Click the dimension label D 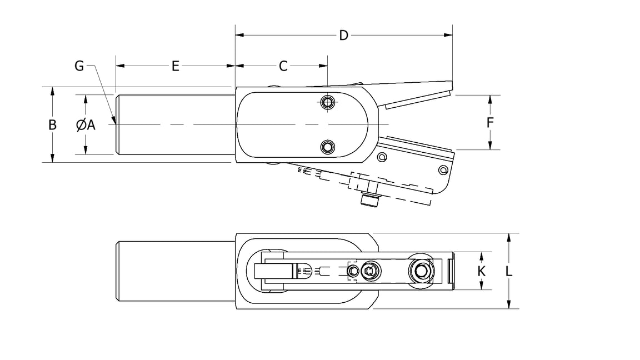click(343, 36)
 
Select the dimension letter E click(175, 66)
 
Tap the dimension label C click(283, 66)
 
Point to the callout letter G click(79, 66)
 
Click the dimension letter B click(52, 125)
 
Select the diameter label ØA click(86, 125)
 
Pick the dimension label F click(490, 122)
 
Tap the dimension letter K click(482, 271)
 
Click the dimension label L click(509, 271)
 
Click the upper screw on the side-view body click(328, 102)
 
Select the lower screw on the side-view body click(328, 147)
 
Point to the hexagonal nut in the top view click(370, 271)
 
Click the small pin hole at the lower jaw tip click(442, 169)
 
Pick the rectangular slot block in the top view click(273, 271)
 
